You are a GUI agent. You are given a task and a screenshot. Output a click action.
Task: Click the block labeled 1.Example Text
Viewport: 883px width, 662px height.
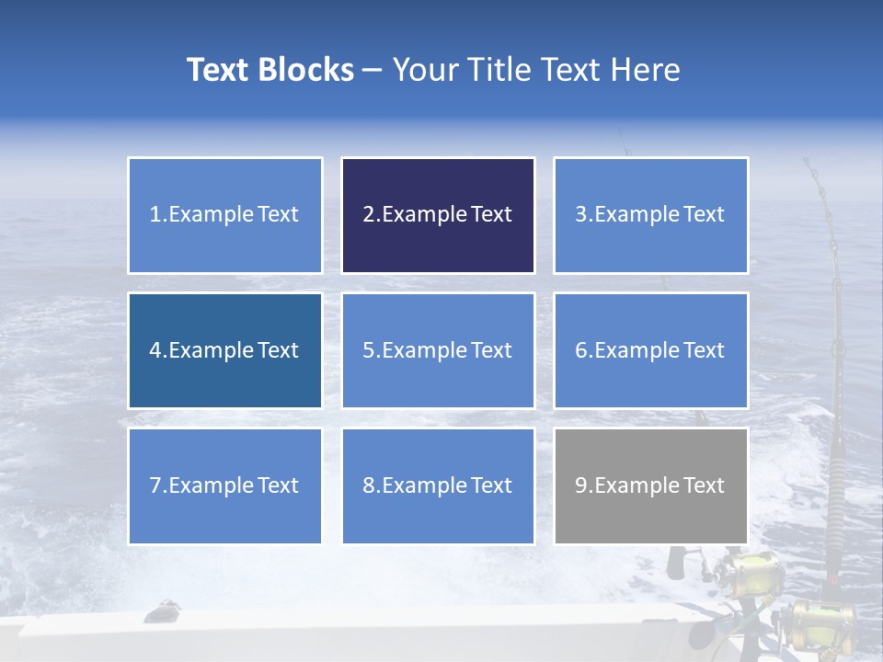pyautogui.click(x=224, y=215)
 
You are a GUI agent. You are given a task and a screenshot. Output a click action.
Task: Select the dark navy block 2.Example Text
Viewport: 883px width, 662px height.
pyautogui.click(x=438, y=215)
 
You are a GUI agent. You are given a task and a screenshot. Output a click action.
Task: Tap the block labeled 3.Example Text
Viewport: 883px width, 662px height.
pyautogui.click(x=650, y=215)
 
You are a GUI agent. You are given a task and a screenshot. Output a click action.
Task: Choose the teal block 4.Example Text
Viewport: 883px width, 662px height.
pyautogui.click(x=224, y=350)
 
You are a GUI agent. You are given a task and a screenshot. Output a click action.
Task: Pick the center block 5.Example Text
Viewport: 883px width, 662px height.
pyautogui.click(x=438, y=350)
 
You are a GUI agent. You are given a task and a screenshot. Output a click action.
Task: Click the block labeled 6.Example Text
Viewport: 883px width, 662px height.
pyautogui.click(x=650, y=350)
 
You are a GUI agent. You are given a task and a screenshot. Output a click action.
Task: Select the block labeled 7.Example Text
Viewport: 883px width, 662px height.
pyautogui.click(x=224, y=485)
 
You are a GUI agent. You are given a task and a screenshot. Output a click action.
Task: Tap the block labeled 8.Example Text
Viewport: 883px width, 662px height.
pyautogui.click(x=438, y=485)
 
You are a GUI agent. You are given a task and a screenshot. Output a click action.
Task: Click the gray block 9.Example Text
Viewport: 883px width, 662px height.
pyautogui.click(x=650, y=485)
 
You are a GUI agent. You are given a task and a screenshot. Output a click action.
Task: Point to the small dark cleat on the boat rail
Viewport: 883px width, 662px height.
pyautogui.click(x=165, y=608)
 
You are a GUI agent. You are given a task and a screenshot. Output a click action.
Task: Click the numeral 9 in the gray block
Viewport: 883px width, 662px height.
pyautogui.click(x=580, y=485)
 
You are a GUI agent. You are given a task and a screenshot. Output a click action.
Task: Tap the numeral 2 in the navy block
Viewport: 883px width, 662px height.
pyautogui.click(x=368, y=215)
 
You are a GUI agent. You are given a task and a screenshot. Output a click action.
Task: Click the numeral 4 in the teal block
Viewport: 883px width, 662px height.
pyautogui.click(x=155, y=350)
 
